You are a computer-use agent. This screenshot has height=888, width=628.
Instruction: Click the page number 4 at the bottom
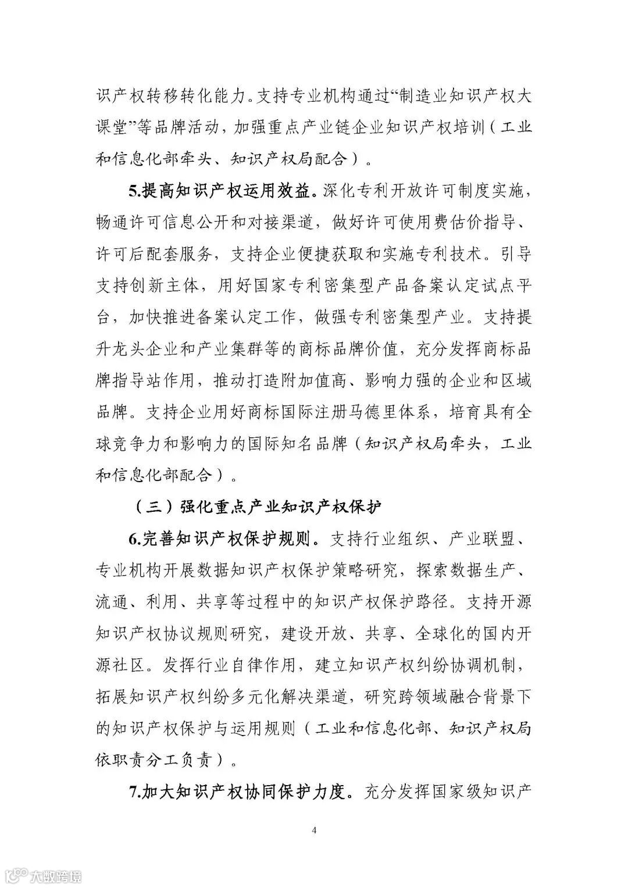(x=314, y=830)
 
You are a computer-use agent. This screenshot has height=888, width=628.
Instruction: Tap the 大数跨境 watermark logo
(x=41, y=874)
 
